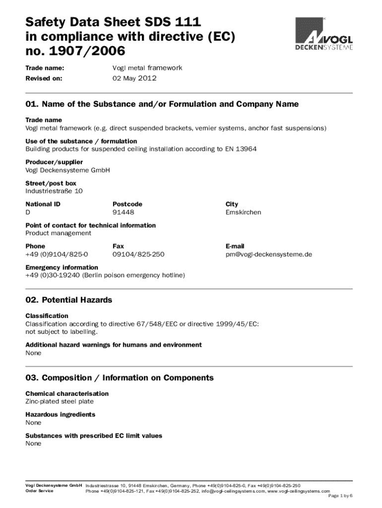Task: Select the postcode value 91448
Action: click(124, 212)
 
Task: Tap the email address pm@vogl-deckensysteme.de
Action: click(268, 254)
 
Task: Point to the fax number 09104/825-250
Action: click(138, 254)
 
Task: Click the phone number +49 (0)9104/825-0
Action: click(57, 254)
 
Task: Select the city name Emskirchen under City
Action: click(243, 212)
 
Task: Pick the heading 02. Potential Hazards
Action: click(69, 300)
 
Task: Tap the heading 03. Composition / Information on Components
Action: click(120, 378)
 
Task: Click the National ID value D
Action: click(28, 212)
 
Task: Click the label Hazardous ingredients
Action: click(60, 414)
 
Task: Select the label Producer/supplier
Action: click(54, 162)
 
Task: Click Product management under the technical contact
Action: click(58, 233)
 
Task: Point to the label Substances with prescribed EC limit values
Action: click(94, 436)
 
